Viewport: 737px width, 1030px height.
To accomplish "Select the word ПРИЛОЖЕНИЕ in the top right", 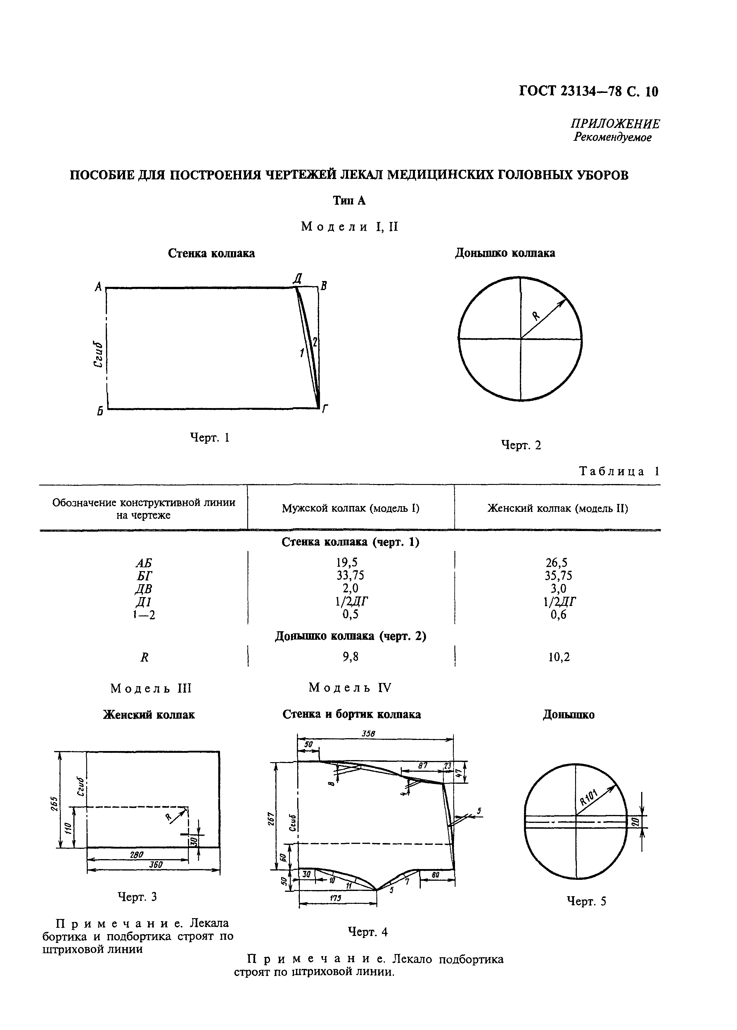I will pyautogui.click(x=615, y=124).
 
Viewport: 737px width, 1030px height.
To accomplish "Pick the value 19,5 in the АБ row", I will pyautogui.click(x=350, y=563).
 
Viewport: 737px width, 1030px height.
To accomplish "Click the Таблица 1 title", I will pyautogui.click(x=620, y=471).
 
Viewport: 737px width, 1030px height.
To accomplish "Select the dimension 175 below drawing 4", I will pyautogui.click(x=336, y=898).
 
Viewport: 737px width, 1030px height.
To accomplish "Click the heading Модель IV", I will pyautogui.click(x=350, y=688).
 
